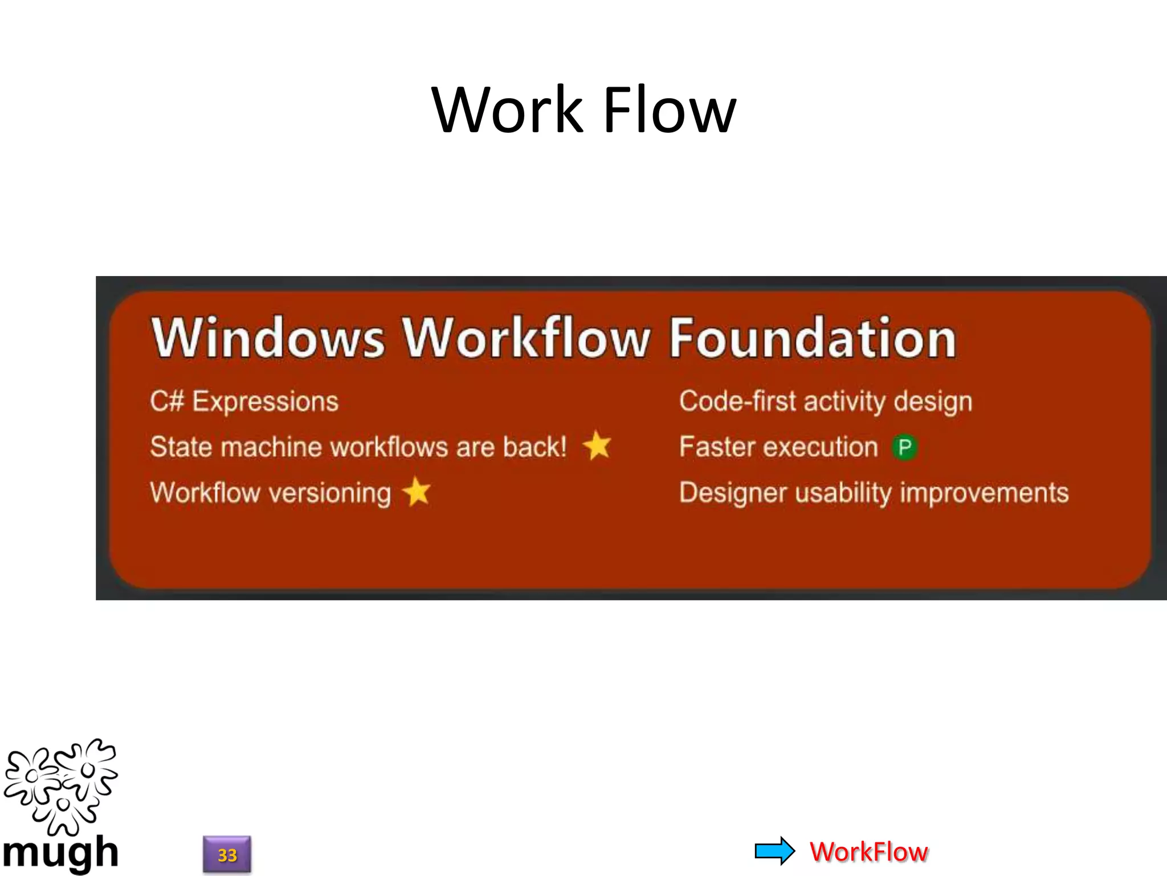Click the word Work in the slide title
click(507, 109)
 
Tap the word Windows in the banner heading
click(268, 338)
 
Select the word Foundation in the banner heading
click(812, 338)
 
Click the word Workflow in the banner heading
click(525, 338)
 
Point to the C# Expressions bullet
click(244, 401)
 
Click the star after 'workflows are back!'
click(597, 445)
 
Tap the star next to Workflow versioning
click(417, 492)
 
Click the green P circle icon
click(904, 447)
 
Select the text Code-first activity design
click(825, 401)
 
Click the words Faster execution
click(778, 447)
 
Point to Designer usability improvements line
click(874, 493)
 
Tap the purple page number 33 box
click(227, 854)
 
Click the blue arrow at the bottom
click(774, 851)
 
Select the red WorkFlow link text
click(868, 852)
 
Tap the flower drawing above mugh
click(60, 786)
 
